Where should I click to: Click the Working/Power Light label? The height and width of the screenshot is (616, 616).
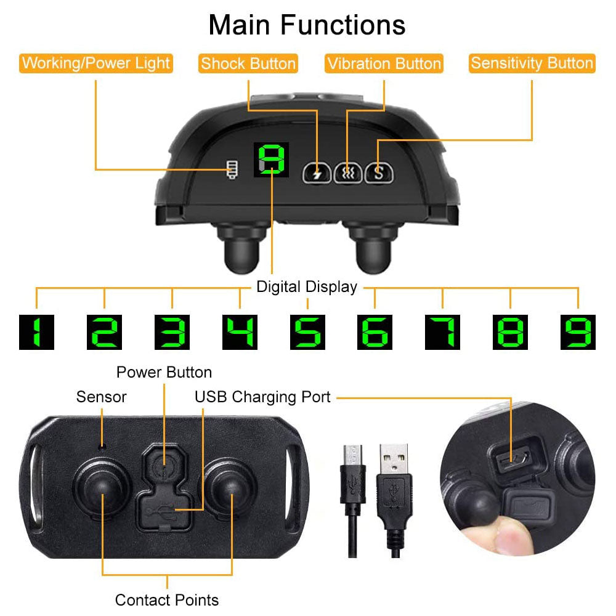96,63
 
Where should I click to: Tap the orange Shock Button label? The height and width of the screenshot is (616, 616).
248,63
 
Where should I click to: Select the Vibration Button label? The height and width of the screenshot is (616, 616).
384,63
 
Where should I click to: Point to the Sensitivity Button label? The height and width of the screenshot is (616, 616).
532,63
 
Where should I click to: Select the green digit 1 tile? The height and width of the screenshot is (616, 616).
36,332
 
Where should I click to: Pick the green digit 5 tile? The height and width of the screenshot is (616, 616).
307,332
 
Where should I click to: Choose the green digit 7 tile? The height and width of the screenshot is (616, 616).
442,332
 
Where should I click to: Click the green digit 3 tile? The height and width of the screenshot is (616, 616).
172,332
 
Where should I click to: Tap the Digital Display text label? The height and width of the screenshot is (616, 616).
307,286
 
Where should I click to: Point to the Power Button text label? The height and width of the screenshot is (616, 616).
164,372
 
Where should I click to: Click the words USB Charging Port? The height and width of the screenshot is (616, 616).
263,397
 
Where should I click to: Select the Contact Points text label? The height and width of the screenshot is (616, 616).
167,599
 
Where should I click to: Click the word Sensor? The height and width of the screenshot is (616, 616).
102,397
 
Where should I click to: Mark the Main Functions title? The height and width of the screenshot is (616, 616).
307,25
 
